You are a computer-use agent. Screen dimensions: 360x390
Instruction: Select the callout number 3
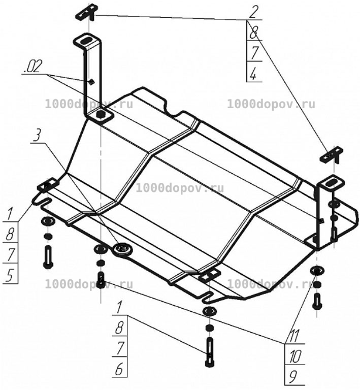[x=37, y=137]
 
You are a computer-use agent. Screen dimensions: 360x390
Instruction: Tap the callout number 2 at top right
[x=253, y=13]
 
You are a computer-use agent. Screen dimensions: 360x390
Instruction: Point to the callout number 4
[x=253, y=74]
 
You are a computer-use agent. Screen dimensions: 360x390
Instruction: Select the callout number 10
[x=296, y=356]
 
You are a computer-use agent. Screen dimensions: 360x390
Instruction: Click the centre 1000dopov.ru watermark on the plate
[x=180, y=188]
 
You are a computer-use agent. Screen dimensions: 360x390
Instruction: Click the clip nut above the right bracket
[x=331, y=155]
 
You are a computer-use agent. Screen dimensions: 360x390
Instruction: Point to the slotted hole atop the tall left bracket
[x=86, y=41]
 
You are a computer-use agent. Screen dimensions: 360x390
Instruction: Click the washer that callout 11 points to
[x=316, y=270]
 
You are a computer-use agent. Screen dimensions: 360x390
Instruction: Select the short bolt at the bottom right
[x=316, y=301]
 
